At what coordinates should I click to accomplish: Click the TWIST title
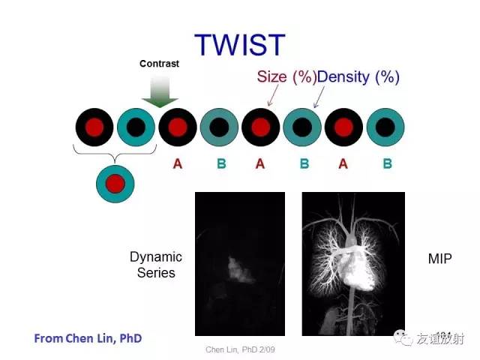(240, 45)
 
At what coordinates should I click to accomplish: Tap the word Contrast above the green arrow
(159, 64)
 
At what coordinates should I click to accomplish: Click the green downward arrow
(160, 91)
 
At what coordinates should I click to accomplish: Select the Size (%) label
(286, 76)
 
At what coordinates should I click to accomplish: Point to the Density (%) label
(358, 77)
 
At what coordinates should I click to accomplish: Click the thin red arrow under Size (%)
(273, 95)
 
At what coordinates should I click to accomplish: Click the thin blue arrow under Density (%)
(319, 97)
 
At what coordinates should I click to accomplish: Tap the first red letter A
(178, 163)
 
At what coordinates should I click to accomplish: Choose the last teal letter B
(388, 163)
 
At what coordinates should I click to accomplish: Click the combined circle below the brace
(115, 184)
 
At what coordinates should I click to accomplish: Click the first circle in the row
(94, 127)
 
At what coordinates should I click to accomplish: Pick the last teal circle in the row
(385, 127)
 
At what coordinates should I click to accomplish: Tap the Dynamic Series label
(156, 265)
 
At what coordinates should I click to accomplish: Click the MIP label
(440, 259)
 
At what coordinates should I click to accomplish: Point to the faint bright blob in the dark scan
(241, 270)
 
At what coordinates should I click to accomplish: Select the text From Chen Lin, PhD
(88, 338)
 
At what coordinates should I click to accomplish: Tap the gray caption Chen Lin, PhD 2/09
(240, 349)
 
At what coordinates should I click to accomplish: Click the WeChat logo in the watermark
(403, 337)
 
